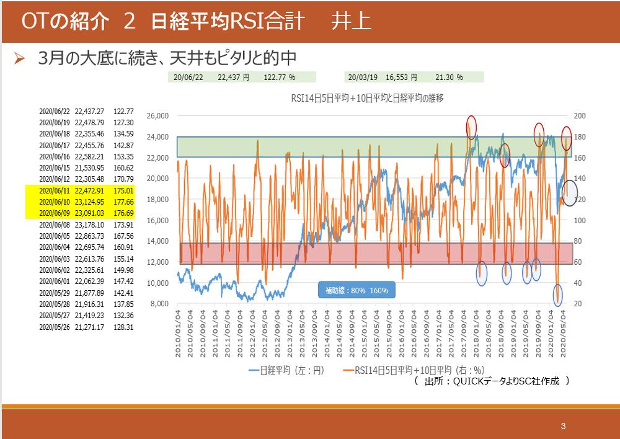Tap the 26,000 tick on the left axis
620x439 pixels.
tap(157, 116)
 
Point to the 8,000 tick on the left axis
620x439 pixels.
tap(159, 304)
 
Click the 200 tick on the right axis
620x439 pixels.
tap(580, 116)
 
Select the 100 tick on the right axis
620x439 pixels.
tap(580, 220)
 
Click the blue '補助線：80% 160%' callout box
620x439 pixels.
tap(356, 290)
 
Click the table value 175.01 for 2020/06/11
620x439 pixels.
tap(124, 191)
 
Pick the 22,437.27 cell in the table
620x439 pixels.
tap(89, 112)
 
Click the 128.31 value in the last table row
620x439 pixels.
tap(124, 327)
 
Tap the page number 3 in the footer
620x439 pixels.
tap(563, 426)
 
